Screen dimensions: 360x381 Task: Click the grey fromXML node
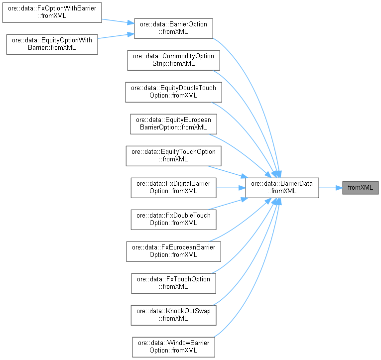point(360,188)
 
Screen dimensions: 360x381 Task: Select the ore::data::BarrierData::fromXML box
point(282,188)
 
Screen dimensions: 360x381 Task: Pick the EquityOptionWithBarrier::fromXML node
point(51,44)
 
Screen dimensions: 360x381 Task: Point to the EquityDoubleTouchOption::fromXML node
point(173,92)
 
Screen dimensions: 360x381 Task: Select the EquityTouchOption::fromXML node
point(173,156)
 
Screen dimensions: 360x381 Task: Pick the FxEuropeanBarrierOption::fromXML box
point(173,251)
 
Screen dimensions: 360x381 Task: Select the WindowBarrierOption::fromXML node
point(173,347)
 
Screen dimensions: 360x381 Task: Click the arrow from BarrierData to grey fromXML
point(330,188)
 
